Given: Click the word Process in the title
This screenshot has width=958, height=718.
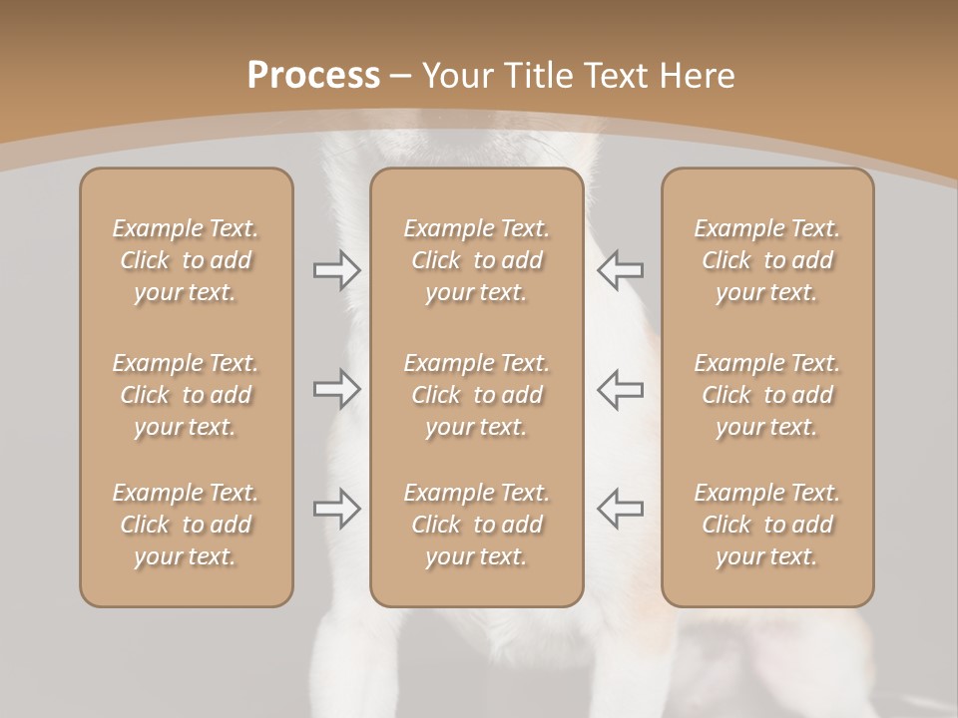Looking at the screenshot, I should tap(313, 76).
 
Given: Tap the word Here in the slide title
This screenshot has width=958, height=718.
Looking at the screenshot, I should tap(695, 76).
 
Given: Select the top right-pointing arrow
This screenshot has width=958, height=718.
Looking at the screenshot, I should tap(337, 270).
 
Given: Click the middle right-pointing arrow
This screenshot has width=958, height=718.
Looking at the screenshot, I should tap(337, 389).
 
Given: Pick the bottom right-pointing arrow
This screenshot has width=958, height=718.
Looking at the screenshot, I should tap(337, 509).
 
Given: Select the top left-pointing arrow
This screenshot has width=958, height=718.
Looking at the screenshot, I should tap(620, 270).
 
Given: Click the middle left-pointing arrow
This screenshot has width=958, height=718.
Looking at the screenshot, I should tap(620, 389).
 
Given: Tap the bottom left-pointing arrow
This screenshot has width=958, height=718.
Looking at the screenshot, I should tap(620, 509).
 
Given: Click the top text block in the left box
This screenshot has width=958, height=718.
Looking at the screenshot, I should tap(186, 260).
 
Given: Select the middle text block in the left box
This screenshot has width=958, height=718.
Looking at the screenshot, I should tap(186, 395).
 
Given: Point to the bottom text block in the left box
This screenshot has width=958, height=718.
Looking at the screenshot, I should tap(186, 525).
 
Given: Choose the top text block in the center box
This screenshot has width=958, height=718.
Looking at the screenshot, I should tap(477, 260).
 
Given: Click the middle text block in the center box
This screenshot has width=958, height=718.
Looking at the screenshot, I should tap(477, 395).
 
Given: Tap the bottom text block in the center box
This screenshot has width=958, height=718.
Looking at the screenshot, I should tap(477, 525).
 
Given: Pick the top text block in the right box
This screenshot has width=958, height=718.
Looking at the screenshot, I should tap(767, 260).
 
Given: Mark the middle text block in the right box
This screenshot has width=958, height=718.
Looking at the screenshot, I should tap(767, 395).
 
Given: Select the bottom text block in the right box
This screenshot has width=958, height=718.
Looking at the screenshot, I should tap(767, 525).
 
